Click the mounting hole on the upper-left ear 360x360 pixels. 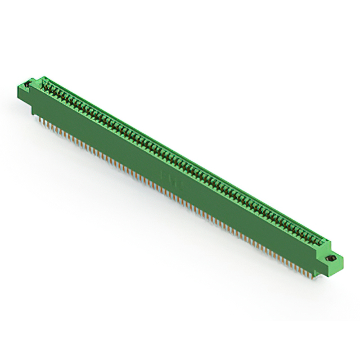point(29,85)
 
